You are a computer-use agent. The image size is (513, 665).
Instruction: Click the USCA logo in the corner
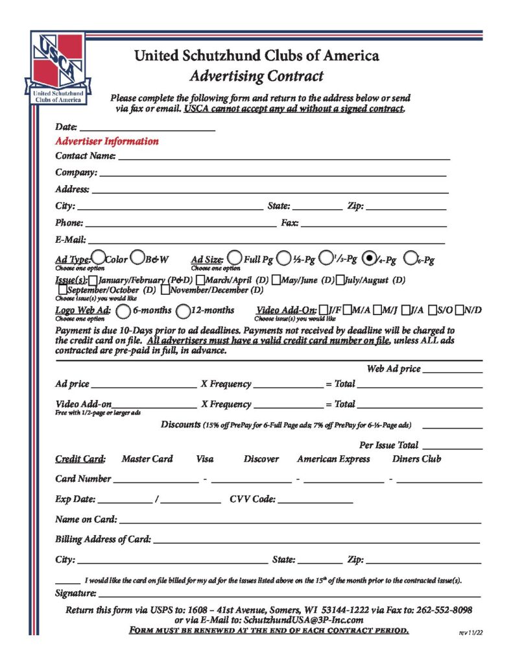click(57, 68)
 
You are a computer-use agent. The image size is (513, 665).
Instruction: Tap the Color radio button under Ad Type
click(99, 258)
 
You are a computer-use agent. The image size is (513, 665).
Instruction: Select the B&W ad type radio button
click(137, 258)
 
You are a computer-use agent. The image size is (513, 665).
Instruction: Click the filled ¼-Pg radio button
click(370, 258)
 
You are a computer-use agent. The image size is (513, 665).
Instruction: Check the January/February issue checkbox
click(93, 280)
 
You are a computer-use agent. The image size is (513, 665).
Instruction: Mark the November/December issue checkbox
click(165, 290)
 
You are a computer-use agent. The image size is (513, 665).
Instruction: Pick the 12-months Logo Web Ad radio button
click(184, 310)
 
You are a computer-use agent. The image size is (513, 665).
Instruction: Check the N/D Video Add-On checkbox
click(460, 310)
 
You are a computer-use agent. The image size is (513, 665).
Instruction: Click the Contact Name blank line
click(283, 156)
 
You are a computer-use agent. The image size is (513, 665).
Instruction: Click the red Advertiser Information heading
click(107, 141)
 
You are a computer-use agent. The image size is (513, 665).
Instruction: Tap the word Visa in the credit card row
click(204, 459)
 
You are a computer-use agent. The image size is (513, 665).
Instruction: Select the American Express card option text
click(333, 459)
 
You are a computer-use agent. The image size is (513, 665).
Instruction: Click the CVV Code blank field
click(315, 500)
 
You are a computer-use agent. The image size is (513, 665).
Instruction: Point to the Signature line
click(289, 593)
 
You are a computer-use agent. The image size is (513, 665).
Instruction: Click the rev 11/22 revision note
click(470, 632)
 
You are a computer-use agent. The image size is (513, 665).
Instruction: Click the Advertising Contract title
click(257, 76)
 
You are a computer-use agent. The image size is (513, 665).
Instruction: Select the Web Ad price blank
click(452, 369)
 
